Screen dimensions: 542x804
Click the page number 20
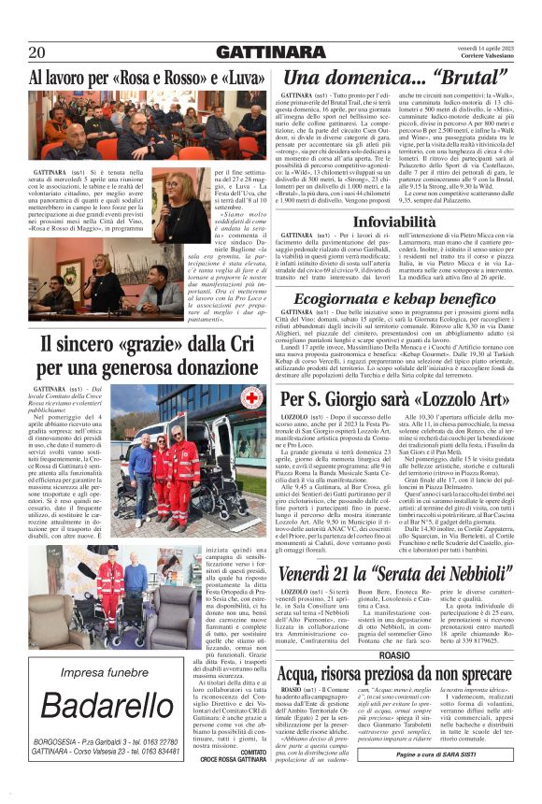pyautogui.click(x=37, y=51)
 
